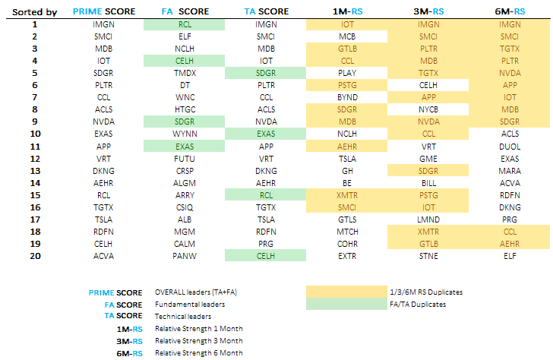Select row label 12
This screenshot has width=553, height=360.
[x=35, y=159]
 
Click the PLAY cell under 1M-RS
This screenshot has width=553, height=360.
[x=347, y=74]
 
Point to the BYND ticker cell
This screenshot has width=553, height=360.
[x=347, y=98]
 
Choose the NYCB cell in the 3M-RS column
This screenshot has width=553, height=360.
[x=428, y=110]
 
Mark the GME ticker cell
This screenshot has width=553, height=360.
[x=428, y=159]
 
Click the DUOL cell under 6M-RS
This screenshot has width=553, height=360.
[x=510, y=147]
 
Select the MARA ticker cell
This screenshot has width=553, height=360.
[x=510, y=171]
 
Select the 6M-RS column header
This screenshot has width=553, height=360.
[x=510, y=11]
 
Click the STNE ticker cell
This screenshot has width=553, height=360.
[x=428, y=256]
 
